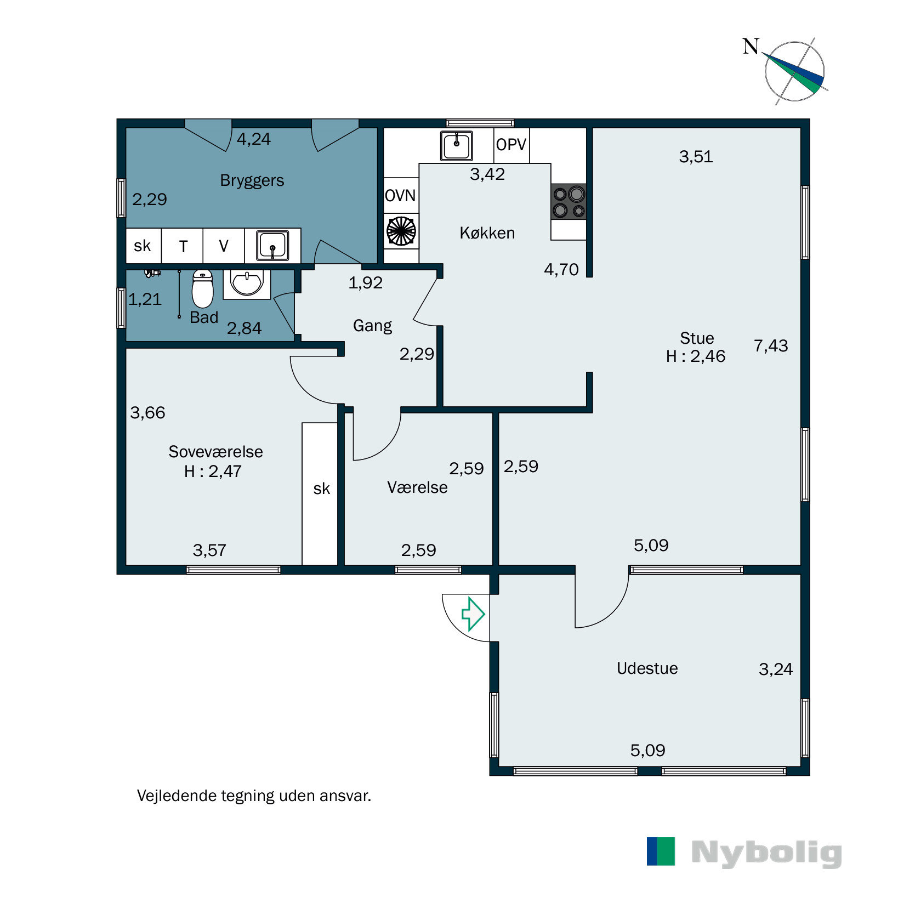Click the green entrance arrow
coord(473,614)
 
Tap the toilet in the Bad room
coord(202,289)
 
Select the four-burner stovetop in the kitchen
coord(569,202)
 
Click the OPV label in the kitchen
coord(511,145)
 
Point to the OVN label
coord(400,196)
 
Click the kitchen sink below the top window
coord(456,145)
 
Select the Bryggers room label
coord(252,181)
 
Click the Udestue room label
coord(647,668)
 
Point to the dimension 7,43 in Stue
coord(771,346)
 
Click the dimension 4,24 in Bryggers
coord(254,139)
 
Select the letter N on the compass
coord(751,47)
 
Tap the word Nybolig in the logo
coord(767,853)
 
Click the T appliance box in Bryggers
coord(183,246)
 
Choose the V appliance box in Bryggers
coord(224,246)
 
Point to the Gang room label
coord(373,326)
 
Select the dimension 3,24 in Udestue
coord(776,669)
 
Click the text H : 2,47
coord(213,472)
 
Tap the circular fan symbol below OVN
coord(401,231)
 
